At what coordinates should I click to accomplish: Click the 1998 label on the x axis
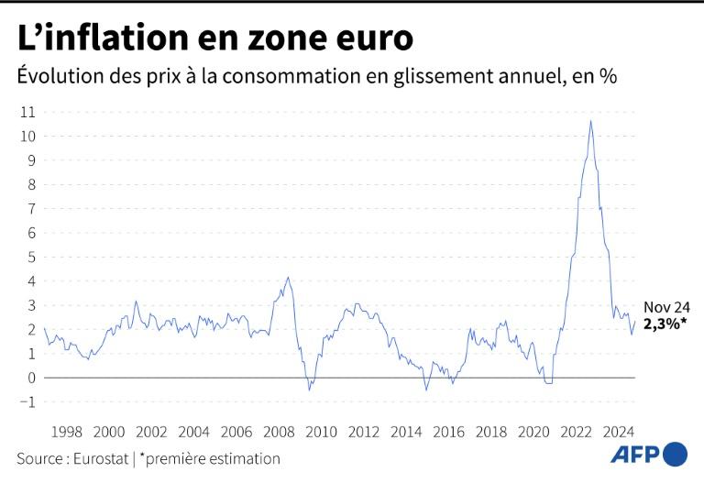[x=67, y=432]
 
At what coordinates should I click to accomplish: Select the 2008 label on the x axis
[x=279, y=432]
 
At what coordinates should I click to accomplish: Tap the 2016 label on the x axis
[x=448, y=432]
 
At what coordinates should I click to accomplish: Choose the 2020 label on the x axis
[x=533, y=432]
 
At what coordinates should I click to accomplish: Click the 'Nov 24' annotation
[x=666, y=308]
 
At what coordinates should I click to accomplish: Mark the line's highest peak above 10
[x=590, y=121]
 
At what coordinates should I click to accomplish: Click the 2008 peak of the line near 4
[x=288, y=278]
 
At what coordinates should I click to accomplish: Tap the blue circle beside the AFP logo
[x=675, y=454]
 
